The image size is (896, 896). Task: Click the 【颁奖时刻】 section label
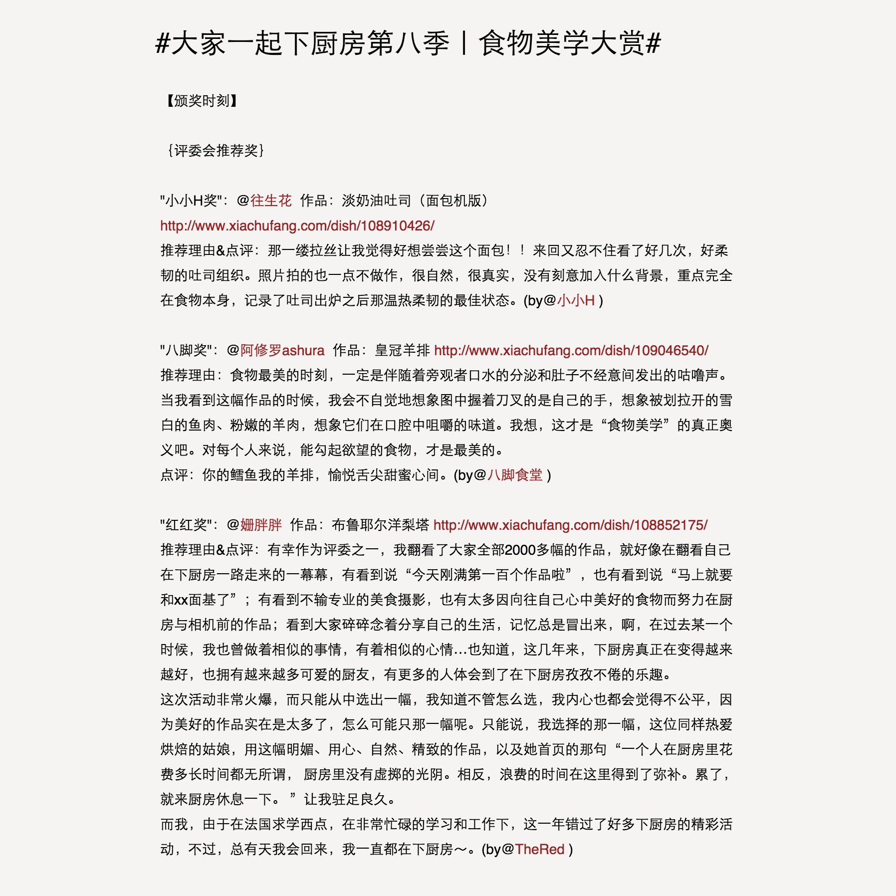click(x=202, y=101)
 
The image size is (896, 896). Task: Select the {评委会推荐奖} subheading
click(x=216, y=150)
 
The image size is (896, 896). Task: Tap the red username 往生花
click(x=271, y=201)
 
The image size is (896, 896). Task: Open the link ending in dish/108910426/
click(x=297, y=225)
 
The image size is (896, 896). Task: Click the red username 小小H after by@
click(x=576, y=300)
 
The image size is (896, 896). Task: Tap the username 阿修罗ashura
click(x=282, y=350)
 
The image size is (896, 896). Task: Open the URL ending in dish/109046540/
click(x=571, y=350)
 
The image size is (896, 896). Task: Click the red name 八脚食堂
click(x=515, y=475)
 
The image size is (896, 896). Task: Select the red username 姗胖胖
click(x=261, y=525)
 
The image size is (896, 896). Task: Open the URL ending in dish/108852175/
click(x=570, y=525)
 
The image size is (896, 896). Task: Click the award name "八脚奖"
click(x=186, y=350)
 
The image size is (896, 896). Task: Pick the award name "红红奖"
click(x=186, y=525)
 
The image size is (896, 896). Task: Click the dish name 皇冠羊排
click(x=402, y=350)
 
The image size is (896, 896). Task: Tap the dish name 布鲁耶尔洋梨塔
click(x=380, y=525)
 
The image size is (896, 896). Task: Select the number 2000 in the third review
click(x=520, y=550)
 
